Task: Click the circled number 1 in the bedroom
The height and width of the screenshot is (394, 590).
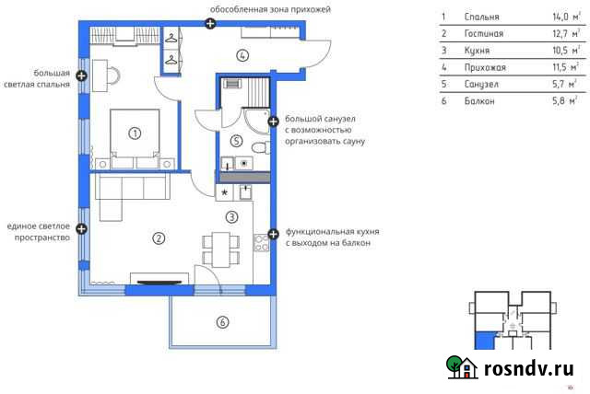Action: coord(135,133)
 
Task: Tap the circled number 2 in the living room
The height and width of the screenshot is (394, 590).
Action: coord(159,238)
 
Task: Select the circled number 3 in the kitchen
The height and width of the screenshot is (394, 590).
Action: coord(231,216)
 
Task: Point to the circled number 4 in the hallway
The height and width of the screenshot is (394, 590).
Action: coord(242,54)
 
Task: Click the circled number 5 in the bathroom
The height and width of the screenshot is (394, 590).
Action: coord(236,141)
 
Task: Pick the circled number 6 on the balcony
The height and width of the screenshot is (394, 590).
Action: coord(221,321)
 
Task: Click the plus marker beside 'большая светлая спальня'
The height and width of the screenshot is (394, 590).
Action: coord(82,76)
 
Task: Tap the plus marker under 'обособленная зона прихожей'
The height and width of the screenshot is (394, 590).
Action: coord(210,23)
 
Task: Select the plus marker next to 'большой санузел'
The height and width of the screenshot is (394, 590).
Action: coord(272,121)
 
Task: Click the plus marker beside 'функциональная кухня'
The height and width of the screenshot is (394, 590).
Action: coord(272,234)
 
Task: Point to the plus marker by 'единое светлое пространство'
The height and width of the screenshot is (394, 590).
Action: coord(82,227)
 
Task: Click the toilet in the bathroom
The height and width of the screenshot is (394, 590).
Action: coord(259,147)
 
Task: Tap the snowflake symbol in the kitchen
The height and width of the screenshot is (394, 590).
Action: coord(226,193)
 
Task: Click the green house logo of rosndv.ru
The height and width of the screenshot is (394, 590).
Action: coord(461,367)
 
